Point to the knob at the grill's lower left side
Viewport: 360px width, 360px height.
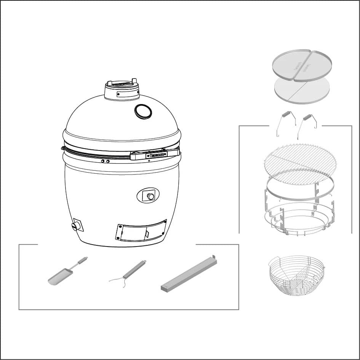(x=75, y=227)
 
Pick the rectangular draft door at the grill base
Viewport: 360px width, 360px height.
(x=141, y=230)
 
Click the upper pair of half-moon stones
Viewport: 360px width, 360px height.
(x=301, y=65)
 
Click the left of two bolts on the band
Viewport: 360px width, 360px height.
(x=102, y=162)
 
